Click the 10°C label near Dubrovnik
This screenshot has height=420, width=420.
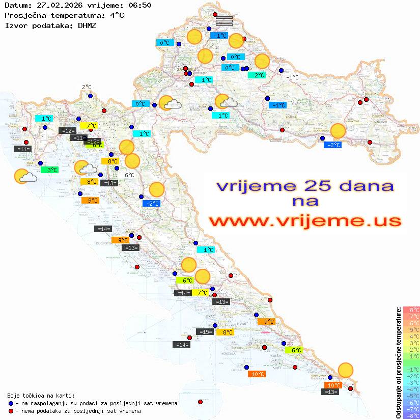[x=333, y=385]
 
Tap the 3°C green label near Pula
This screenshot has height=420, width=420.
[x=49, y=170]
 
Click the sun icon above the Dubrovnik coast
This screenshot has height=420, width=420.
[x=346, y=370]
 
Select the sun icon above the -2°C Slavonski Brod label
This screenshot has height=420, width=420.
[x=338, y=131]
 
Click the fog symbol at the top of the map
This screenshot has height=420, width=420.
[x=224, y=21]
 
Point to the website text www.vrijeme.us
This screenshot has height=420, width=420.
[x=305, y=221]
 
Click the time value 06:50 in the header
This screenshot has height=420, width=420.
[x=139, y=6]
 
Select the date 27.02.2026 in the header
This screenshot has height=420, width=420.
[x=52, y=6]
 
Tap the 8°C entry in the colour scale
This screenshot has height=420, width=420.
[x=411, y=310]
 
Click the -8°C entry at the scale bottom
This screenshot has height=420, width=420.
[x=411, y=415]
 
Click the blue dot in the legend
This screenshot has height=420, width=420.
[x=11, y=403]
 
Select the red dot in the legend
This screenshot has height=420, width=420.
[x=11, y=411]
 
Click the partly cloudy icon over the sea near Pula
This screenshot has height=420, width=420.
[x=24, y=177]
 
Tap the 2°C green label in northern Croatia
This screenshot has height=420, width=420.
[x=257, y=75]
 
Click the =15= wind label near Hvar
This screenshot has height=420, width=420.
[x=205, y=332]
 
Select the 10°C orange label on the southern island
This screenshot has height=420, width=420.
[x=257, y=374]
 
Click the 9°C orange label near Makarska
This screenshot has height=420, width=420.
[x=266, y=321]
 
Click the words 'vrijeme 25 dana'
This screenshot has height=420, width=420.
[x=305, y=186]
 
